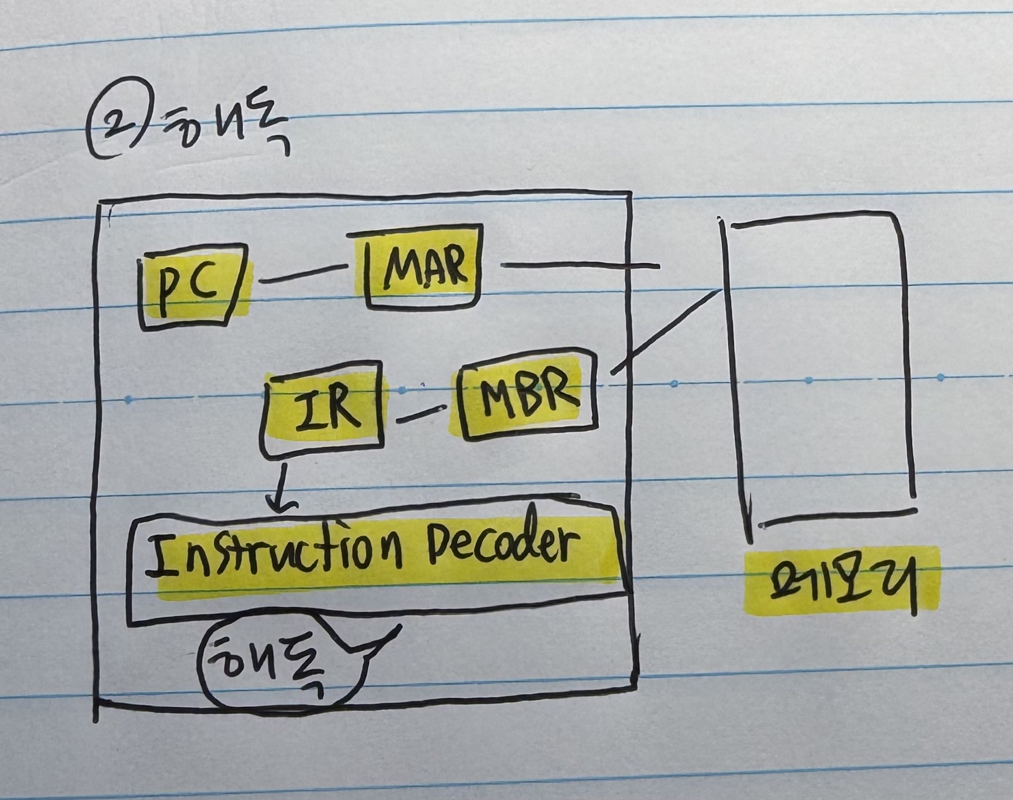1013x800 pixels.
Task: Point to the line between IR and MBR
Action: pyautogui.click(x=420, y=414)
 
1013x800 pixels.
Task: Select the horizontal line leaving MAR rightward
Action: pyautogui.click(x=579, y=266)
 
